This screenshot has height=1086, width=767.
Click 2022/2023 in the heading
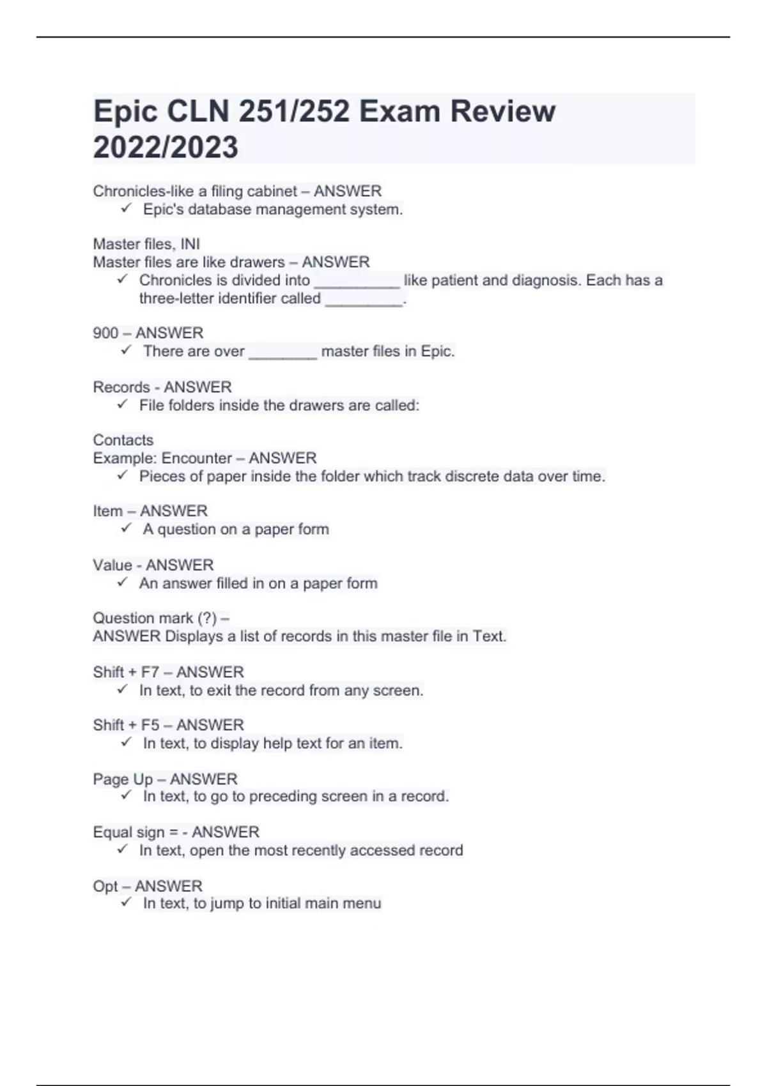click(166, 147)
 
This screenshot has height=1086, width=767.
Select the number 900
click(105, 333)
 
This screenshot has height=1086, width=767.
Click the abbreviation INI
click(190, 244)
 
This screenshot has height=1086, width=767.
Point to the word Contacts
click(123, 440)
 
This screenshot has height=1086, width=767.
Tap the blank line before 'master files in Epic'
click(283, 353)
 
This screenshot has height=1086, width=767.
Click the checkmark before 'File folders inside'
click(123, 404)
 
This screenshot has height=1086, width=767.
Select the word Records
click(121, 387)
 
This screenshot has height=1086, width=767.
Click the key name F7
click(150, 672)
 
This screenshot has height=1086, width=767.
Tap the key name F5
click(150, 725)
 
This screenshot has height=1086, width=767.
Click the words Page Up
click(123, 779)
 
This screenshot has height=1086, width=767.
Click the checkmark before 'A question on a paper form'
click(126, 528)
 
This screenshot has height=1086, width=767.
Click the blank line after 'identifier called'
click(364, 300)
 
